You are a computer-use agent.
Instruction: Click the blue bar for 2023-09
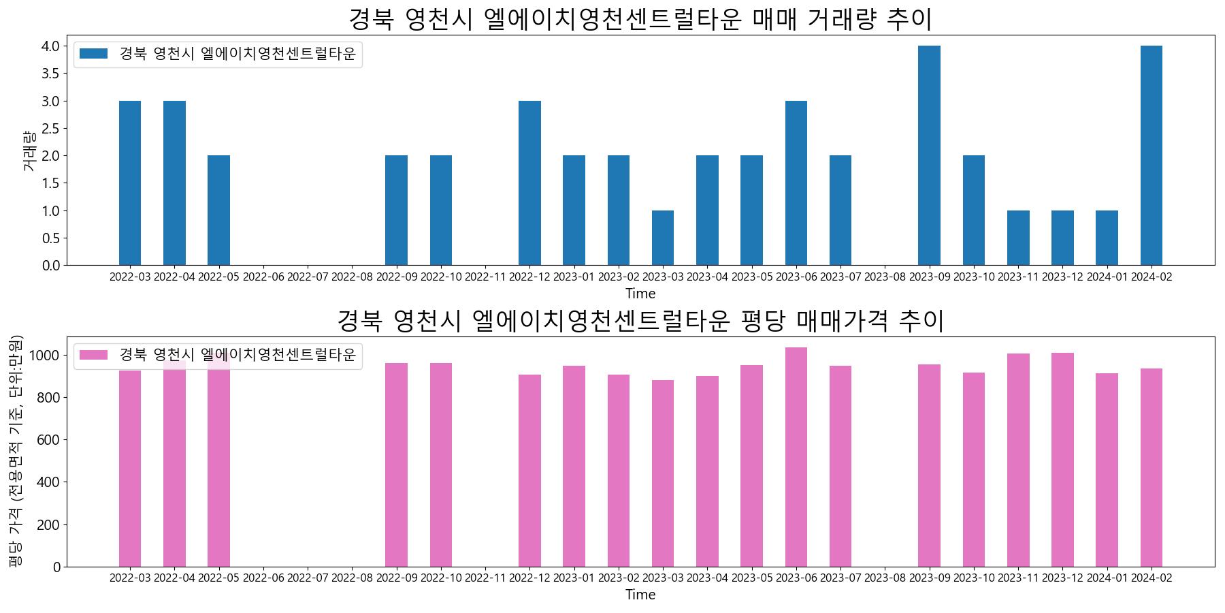tap(929, 155)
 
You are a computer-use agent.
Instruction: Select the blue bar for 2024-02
tap(1151, 155)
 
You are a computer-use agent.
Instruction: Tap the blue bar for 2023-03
tap(663, 238)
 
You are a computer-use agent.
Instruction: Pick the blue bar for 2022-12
tap(529, 183)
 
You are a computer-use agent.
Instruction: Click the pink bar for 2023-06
tap(796, 457)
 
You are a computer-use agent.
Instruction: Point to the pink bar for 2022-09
tap(396, 465)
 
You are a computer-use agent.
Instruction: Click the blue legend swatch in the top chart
tap(93, 54)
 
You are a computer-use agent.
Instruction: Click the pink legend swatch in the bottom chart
tap(93, 355)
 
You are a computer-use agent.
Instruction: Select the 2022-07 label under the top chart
tap(308, 277)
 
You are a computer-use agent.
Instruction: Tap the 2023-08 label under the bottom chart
tap(885, 578)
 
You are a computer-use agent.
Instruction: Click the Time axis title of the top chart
tap(640, 294)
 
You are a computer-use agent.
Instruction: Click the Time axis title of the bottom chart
tap(640, 595)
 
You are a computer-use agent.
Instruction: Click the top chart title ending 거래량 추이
tap(640, 19)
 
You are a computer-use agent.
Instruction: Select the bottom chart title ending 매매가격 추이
tap(640, 320)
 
